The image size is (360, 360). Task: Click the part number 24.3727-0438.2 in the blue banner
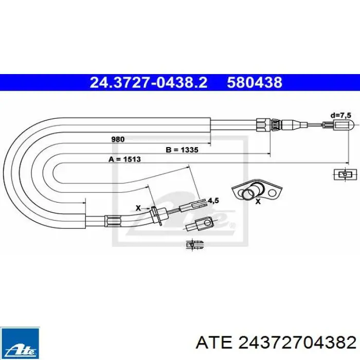(148, 83)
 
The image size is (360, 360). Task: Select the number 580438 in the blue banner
(255, 83)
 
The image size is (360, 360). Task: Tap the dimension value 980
(118, 139)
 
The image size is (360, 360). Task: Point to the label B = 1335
(182, 150)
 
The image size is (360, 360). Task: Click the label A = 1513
(124, 159)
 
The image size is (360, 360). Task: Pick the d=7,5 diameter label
(341, 116)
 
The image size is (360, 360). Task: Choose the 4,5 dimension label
(213, 201)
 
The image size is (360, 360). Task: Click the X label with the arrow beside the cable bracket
(138, 208)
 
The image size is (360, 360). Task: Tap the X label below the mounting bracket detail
(258, 202)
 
